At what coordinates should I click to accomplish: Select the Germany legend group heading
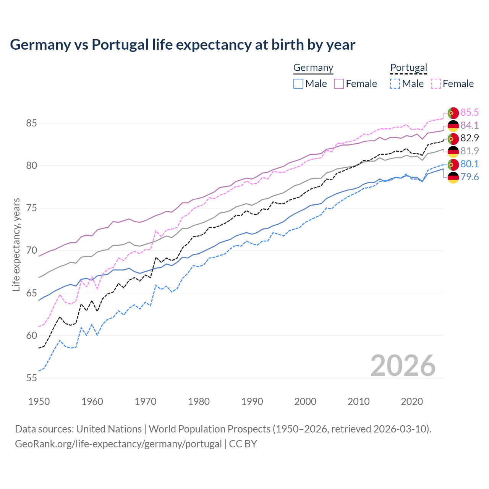(313, 68)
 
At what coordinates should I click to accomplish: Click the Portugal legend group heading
(408, 68)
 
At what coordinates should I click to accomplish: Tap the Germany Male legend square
(298, 84)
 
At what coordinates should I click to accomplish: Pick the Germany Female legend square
(339, 84)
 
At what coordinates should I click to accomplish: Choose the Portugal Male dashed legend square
(395, 84)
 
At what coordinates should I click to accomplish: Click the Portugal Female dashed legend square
(436, 84)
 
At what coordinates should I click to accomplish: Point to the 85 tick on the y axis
(31, 123)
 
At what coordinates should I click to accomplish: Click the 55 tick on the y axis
(31, 378)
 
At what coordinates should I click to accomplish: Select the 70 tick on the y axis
(31, 251)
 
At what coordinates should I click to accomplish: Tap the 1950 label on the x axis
(39, 402)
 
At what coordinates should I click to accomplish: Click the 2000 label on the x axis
(305, 402)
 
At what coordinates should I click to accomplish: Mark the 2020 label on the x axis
(412, 402)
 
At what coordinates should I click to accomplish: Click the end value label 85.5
(470, 112)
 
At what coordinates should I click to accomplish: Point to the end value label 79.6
(470, 177)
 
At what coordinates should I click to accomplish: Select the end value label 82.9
(470, 138)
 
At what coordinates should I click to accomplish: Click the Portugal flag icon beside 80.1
(453, 165)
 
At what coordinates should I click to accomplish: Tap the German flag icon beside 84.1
(453, 126)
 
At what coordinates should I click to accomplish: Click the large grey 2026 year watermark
(403, 366)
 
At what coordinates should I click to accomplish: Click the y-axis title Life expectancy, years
(16, 244)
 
